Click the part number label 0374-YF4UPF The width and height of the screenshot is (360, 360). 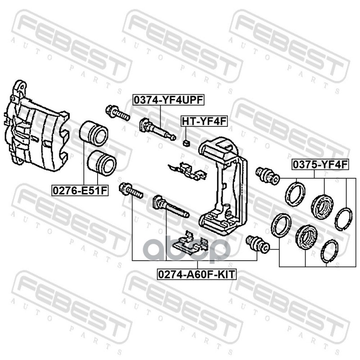coord(168,100)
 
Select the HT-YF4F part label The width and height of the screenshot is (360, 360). coord(204,121)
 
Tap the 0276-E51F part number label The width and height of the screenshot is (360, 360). coord(80,190)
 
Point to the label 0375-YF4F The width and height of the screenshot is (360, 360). coord(320,165)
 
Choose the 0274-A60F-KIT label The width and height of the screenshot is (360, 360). coord(197,274)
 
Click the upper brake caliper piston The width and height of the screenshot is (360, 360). coord(94,133)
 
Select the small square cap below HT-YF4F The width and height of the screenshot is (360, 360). coord(187,144)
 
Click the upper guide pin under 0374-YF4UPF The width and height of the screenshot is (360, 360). coord(157,129)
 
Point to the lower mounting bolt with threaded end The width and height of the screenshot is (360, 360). coord(131,190)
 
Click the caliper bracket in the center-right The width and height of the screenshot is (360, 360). coord(223,186)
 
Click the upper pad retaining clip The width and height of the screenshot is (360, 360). coord(187,171)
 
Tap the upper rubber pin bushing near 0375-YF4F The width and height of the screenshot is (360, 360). coord(268,175)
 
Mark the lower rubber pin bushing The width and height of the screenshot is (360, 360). coord(257,244)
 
